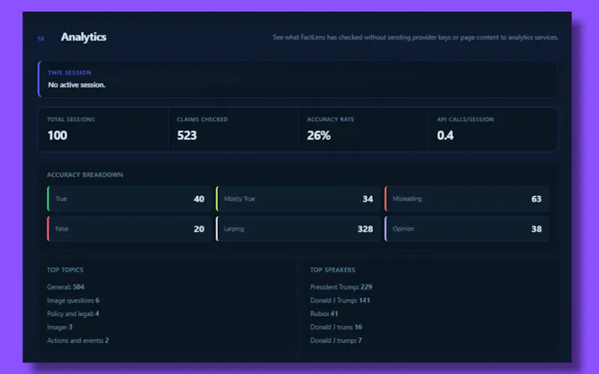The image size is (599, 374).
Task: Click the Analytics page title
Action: (83, 37)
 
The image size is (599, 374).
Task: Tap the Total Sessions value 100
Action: (58, 135)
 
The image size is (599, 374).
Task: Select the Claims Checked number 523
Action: (186, 135)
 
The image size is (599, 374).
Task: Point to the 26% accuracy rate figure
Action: (319, 135)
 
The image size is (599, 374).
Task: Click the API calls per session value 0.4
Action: (445, 135)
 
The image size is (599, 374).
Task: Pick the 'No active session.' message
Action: (76, 85)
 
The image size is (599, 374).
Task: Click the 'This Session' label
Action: (70, 73)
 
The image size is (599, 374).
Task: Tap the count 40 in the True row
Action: (198, 199)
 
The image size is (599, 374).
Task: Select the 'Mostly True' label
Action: (239, 199)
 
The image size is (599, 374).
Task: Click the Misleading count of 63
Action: (536, 199)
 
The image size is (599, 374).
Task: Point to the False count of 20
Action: (198, 229)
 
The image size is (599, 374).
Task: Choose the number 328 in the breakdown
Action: (365, 229)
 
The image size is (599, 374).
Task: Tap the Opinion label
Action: (404, 229)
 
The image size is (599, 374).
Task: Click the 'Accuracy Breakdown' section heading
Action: (85, 175)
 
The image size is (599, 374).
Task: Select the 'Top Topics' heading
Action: (65, 270)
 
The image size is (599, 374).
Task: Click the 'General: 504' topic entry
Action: (65, 287)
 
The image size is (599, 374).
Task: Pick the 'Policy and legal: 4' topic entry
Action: (73, 313)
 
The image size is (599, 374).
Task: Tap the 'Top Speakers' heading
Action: (332, 270)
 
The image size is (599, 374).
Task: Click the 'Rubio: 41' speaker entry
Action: (324, 313)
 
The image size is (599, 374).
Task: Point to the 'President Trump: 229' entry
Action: (341, 287)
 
